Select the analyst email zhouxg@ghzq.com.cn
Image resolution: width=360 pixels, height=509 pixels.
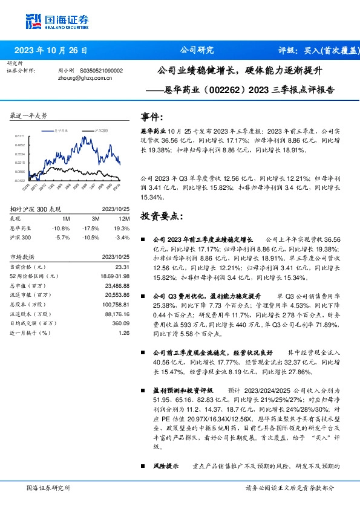point(85,78)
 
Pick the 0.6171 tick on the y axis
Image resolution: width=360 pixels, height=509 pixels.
point(20,137)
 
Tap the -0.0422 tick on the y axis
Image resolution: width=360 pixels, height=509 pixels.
point(20,180)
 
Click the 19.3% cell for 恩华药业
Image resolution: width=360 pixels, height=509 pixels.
point(123,228)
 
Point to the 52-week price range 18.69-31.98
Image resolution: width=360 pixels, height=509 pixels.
point(116,276)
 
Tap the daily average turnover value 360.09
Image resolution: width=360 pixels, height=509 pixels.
point(121,323)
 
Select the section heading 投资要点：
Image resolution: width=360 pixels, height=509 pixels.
point(160,215)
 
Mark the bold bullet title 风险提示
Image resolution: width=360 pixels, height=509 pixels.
point(165,466)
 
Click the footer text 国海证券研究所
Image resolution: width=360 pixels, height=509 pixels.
point(48,487)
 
